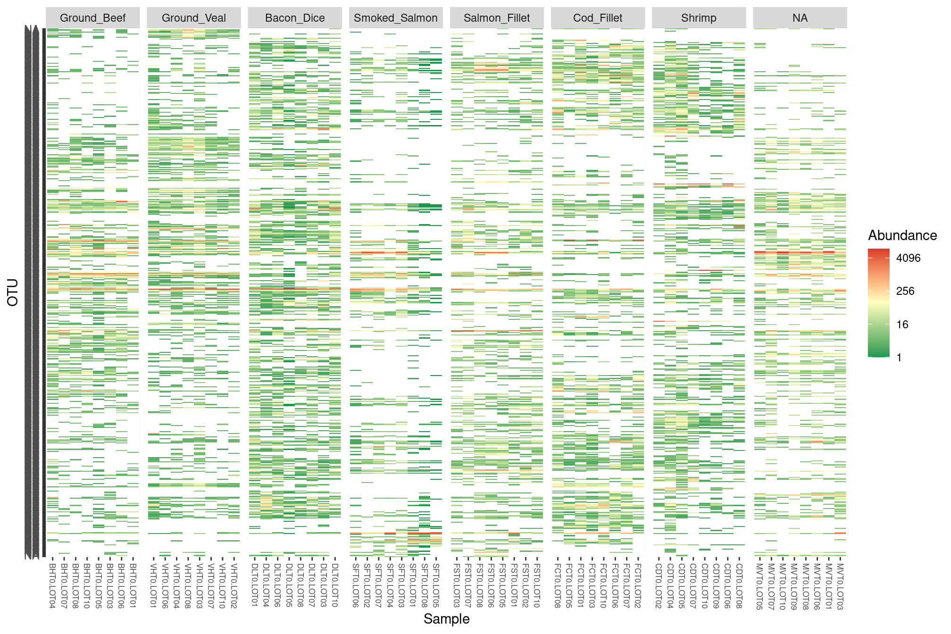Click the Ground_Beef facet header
pos(92,18)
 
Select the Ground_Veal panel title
pos(193,18)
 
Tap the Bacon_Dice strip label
pos(295,18)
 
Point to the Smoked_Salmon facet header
pos(396,18)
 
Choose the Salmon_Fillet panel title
pos(497,18)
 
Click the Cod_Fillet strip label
pos(598,18)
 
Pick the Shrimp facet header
pos(699,18)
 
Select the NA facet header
pos(800,18)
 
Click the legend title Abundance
pos(902,235)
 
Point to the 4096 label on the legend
pos(908,258)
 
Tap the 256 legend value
pos(905,291)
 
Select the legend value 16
pos(902,325)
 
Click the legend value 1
pos(899,358)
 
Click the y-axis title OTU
pos(13,292)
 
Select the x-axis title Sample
pos(446,619)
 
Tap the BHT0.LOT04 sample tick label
pos(52,585)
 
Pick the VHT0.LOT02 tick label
pos(234,585)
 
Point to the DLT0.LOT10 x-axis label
pos(335,585)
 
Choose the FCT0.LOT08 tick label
pos(558,585)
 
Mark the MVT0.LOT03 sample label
pos(840,585)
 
